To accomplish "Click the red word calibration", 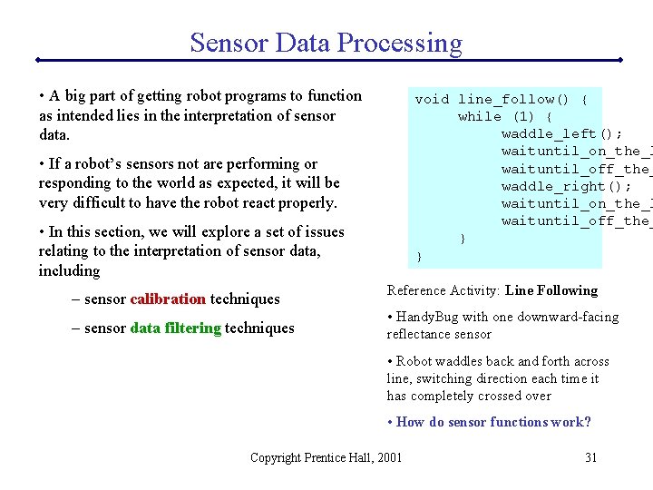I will click(x=168, y=299).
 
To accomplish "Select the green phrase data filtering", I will click(x=175, y=328).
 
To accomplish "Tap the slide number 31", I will click(x=590, y=457).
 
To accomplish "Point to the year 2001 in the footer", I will click(x=387, y=457).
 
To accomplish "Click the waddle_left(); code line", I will click(x=561, y=133).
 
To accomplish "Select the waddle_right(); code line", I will click(x=566, y=186).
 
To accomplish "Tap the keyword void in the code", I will click(x=432, y=99).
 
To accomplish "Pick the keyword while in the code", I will click(x=480, y=116).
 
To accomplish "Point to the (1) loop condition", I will click(x=523, y=116).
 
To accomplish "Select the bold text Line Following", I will click(x=551, y=290).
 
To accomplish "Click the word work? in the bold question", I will click(x=571, y=422).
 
